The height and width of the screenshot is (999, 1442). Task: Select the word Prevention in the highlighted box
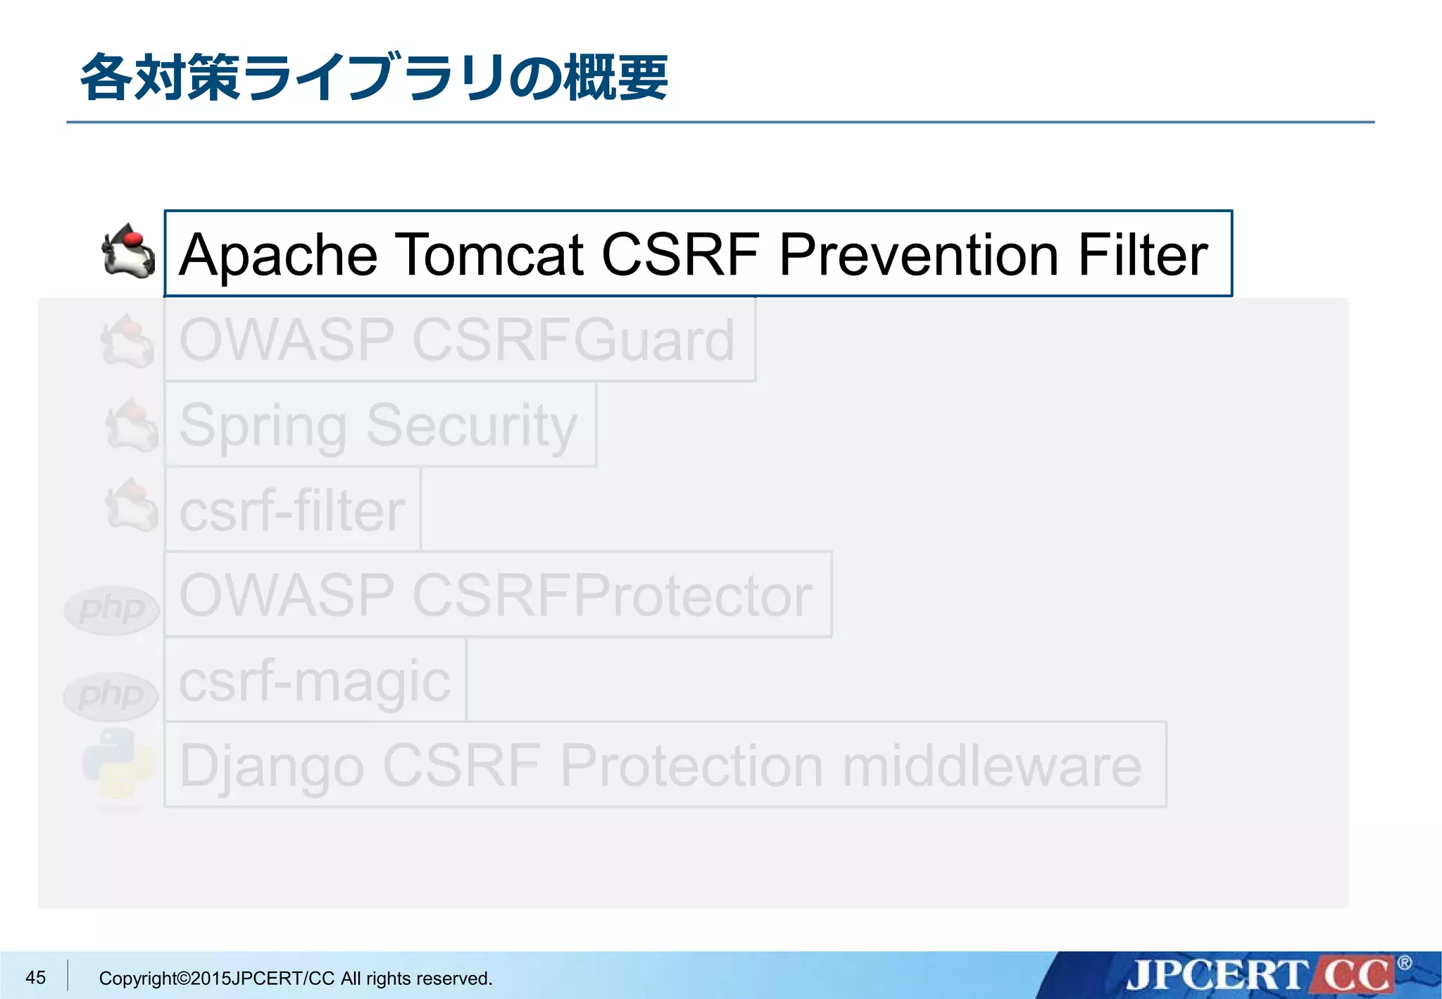(918, 255)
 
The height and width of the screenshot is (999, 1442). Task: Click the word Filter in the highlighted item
(1142, 255)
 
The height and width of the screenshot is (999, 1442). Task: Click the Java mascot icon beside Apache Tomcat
(128, 252)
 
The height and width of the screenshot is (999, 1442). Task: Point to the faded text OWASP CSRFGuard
(456, 340)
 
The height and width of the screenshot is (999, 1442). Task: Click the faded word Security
(471, 426)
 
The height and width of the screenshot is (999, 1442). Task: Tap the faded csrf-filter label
(291, 511)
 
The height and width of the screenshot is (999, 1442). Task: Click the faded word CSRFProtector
(612, 596)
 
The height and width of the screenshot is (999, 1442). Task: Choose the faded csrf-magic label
(314, 681)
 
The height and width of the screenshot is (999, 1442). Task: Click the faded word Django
(271, 767)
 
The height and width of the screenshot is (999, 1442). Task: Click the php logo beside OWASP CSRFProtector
(111, 609)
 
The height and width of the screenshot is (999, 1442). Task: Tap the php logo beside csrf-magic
(111, 696)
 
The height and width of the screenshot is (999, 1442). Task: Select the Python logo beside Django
(118, 764)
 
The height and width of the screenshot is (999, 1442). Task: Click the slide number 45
(35, 977)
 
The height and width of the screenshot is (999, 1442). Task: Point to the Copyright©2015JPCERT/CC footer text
(295, 978)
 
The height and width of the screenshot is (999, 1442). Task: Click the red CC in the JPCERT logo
(1355, 975)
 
